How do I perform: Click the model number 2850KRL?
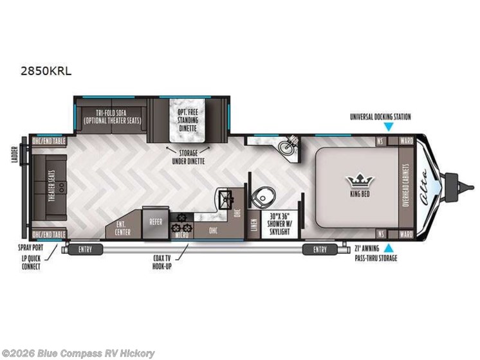click(46, 71)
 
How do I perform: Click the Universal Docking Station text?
click(380, 117)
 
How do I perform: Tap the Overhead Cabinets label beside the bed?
click(407, 186)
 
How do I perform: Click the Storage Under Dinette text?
click(187, 156)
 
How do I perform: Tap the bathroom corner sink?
click(286, 147)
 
